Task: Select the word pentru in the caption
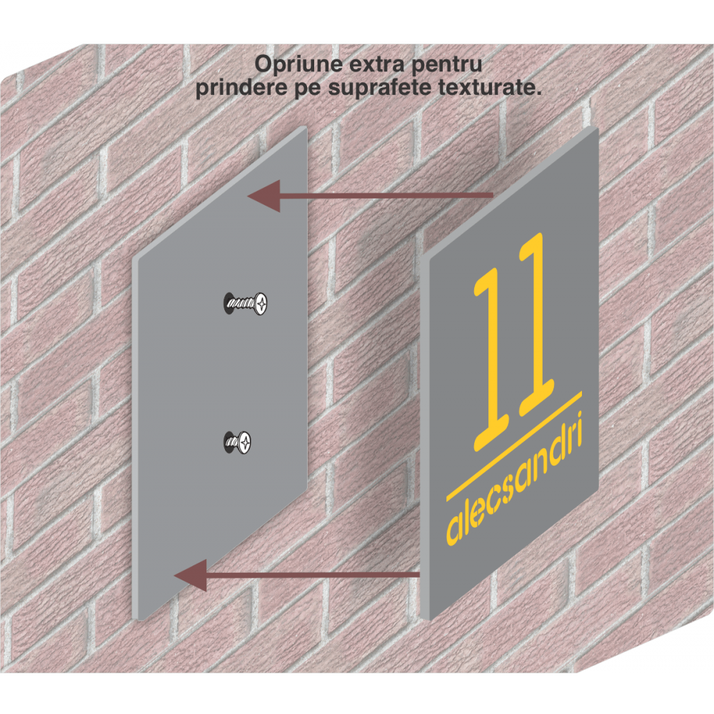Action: (x=446, y=66)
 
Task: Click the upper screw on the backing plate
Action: (x=246, y=303)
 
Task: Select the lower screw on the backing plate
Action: (x=238, y=442)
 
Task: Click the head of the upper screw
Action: (x=261, y=303)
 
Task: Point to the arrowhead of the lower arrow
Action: (x=191, y=575)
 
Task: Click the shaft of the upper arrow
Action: (x=386, y=196)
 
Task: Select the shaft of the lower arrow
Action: (x=313, y=575)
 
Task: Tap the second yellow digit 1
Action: (x=536, y=324)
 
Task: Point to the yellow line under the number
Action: (x=514, y=446)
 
